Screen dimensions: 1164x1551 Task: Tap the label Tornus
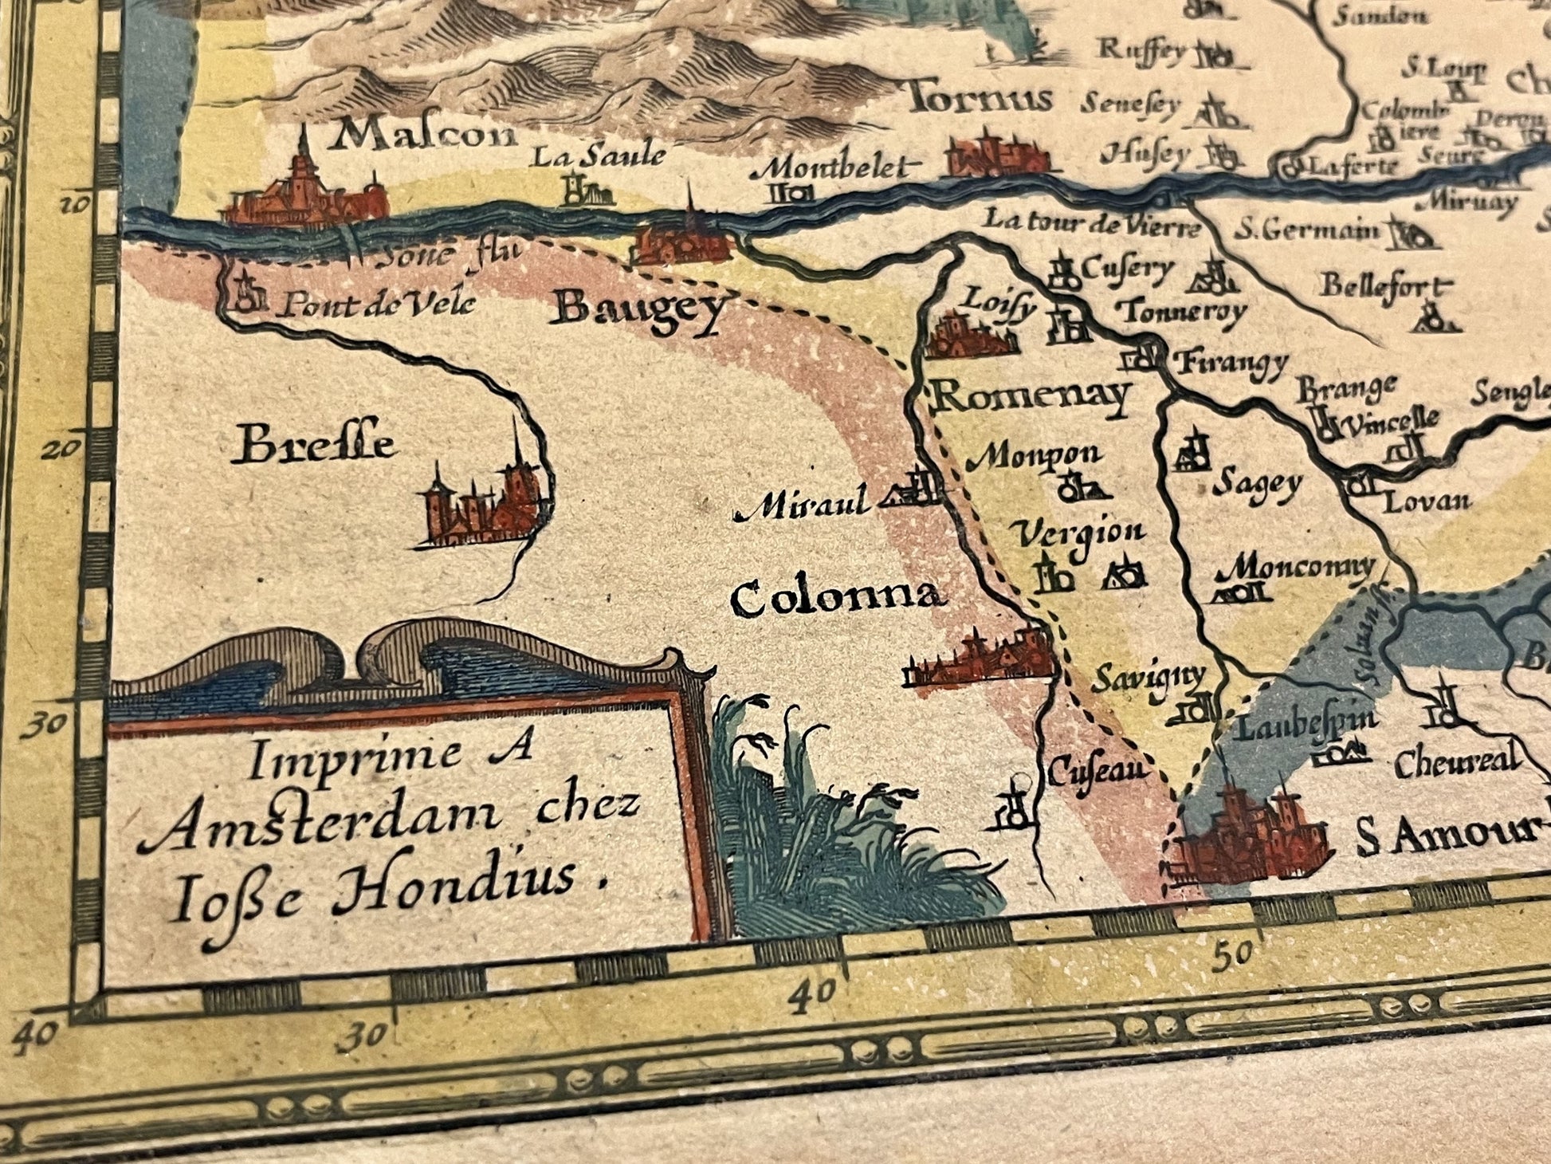pyautogui.click(x=980, y=100)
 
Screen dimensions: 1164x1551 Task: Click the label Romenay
pyautogui.click(x=1032, y=395)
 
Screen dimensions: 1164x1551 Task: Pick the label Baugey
pyautogui.click(x=640, y=311)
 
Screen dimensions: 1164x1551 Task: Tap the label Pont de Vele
pyautogui.click(x=375, y=304)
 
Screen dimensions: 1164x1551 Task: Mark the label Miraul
pyautogui.click(x=801, y=505)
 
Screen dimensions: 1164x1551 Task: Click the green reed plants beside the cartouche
pyautogui.click(x=837, y=837)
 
